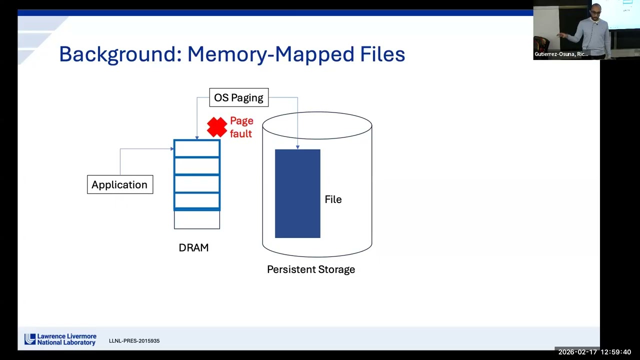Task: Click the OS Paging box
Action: click(238, 97)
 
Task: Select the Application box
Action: click(120, 184)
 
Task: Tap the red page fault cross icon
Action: click(217, 127)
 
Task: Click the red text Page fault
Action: click(241, 127)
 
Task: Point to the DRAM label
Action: click(193, 247)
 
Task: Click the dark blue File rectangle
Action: click(297, 193)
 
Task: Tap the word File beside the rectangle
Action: click(333, 199)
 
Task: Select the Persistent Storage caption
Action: click(311, 269)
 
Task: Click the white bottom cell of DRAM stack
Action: click(196, 220)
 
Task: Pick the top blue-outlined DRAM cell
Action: click(196, 148)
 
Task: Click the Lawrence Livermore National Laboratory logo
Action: click(60, 339)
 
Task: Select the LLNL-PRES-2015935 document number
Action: click(134, 341)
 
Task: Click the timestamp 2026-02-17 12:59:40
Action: click(594, 352)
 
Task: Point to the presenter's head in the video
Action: click(596, 9)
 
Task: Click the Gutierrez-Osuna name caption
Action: click(561, 54)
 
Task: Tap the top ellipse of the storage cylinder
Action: click(317, 125)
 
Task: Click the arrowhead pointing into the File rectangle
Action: click(297, 147)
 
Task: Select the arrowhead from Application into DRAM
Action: click(171, 148)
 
